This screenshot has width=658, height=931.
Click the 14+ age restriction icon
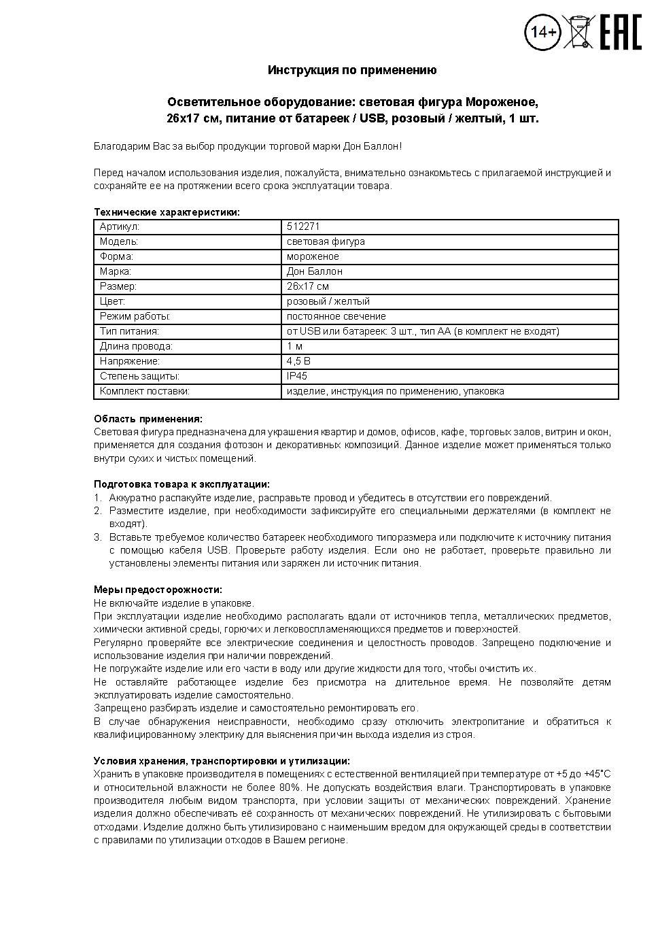(542, 32)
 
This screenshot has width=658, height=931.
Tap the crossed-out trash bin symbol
(578, 31)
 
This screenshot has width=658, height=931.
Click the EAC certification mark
(620, 32)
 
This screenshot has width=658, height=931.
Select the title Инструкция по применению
(352, 70)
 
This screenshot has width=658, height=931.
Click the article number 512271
(303, 226)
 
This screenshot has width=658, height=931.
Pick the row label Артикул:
(120, 226)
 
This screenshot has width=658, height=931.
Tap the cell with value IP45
(297, 376)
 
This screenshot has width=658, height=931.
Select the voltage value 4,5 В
(298, 361)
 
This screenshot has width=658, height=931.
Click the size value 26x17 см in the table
(308, 286)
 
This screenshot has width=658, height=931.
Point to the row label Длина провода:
(136, 346)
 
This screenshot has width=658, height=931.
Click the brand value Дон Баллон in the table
(314, 271)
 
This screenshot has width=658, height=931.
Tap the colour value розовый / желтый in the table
(328, 301)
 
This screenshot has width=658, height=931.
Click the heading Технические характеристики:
(167, 212)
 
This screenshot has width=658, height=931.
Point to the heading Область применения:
(148, 419)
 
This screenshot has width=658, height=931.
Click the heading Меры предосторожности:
(158, 590)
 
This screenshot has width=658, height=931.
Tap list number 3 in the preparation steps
(97, 537)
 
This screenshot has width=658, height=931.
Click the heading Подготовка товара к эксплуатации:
(181, 484)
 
